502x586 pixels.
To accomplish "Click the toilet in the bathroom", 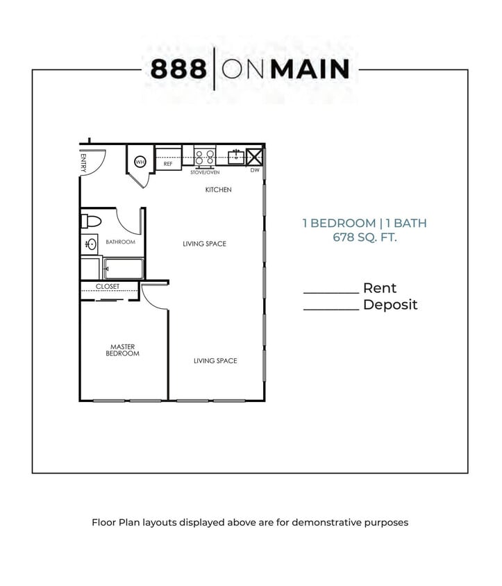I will pyautogui.click(x=91, y=222).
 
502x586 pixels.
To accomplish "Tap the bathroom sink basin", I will pyautogui.click(x=91, y=244).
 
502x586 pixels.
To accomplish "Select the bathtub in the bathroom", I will pyautogui.click(x=123, y=267).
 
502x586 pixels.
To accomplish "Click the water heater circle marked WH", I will pyautogui.click(x=140, y=162).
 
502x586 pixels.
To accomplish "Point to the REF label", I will pyautogui.click(x=167, y=165).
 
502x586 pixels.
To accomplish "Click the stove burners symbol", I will pyautogui.click(x=205, y=156).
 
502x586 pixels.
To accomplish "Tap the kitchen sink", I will pyautogui.click(x=236, y=156).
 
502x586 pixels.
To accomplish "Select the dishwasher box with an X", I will pyautogui.click(x=255, y=156).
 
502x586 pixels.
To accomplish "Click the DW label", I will pyautogui.click(x=255, y=170).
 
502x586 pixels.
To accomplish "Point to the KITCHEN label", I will pyautogui.click(x=218, y=190).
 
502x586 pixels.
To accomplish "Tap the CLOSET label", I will pyautogui.click(x=108, y=287).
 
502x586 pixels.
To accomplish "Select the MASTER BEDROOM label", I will pyautogui.click(x=122, y=350).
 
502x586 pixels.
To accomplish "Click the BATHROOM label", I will pyautogui.click(x=120, y=242).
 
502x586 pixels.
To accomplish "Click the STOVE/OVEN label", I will pyautogui.click(x=205, y=171).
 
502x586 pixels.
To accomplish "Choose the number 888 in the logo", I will pyautogui.click(x=178, y=69).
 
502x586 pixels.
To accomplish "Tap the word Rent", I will pyautogui.click(x=380, y=288).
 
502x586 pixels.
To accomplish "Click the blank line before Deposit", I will pyautogui.click(x=331, y=309).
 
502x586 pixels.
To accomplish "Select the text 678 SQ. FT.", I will pyautogui.click(x=364, y=237).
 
